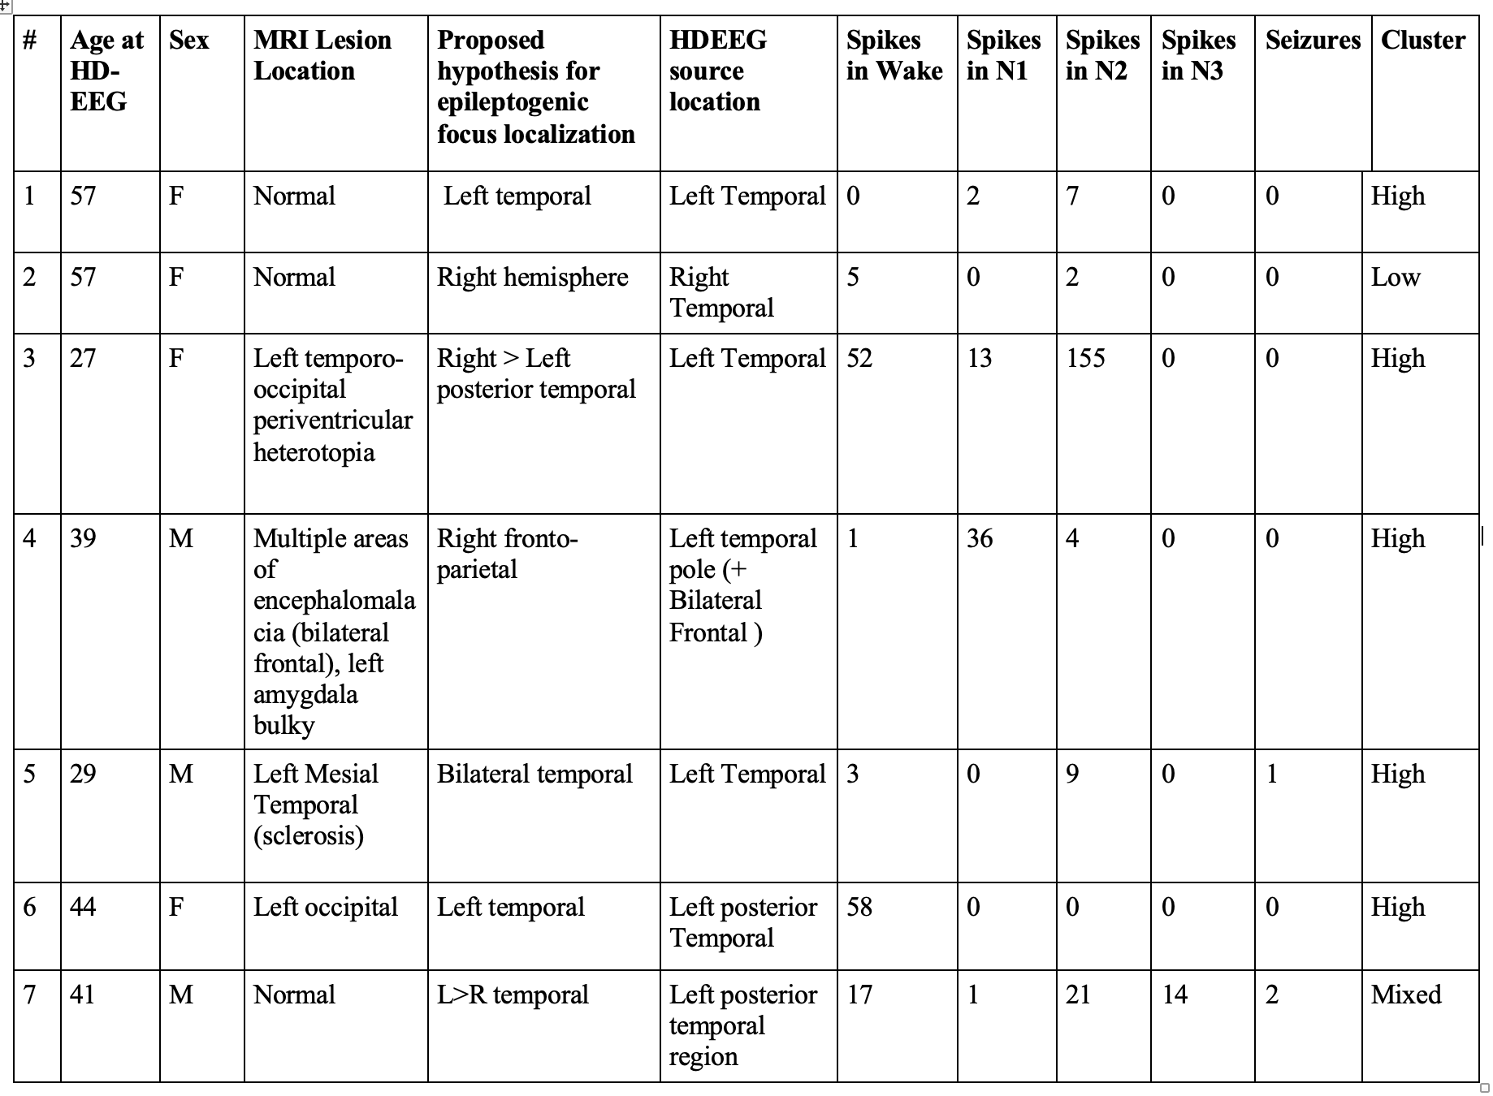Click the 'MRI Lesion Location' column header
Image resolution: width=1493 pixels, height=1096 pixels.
[322, 55]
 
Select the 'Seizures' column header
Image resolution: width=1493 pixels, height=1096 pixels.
[1313, 40]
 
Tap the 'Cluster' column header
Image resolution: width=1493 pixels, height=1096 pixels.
[1423, 40]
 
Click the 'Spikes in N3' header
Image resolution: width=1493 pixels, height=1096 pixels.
[1198, 55]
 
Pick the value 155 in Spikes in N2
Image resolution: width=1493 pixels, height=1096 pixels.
[1085, 358]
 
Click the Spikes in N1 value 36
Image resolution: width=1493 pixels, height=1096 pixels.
[980, 538]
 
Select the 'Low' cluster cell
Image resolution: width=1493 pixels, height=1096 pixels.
[1396, 277]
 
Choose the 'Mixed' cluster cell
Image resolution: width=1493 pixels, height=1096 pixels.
[1406, 995]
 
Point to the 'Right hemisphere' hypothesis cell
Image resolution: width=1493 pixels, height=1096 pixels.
[532, 277]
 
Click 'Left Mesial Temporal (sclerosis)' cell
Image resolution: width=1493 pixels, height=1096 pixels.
[316, 805]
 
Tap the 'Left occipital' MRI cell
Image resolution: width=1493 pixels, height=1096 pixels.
[325, 907]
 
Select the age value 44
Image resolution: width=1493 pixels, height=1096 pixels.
[83, 907]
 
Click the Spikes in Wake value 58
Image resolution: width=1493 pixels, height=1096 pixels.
[859, 907]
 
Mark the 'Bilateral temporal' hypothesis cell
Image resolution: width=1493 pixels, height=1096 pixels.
[534, 774]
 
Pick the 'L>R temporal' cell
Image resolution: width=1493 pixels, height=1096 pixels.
[513, 995]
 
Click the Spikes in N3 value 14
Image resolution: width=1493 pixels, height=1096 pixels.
[1175, 995]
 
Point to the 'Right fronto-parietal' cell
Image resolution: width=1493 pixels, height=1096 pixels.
[507, 554]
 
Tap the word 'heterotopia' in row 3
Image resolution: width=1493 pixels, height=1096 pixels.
[314, 452]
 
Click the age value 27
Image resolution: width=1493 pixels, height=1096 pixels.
[83, 358]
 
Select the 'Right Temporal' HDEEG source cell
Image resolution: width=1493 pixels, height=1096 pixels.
[721, 292]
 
